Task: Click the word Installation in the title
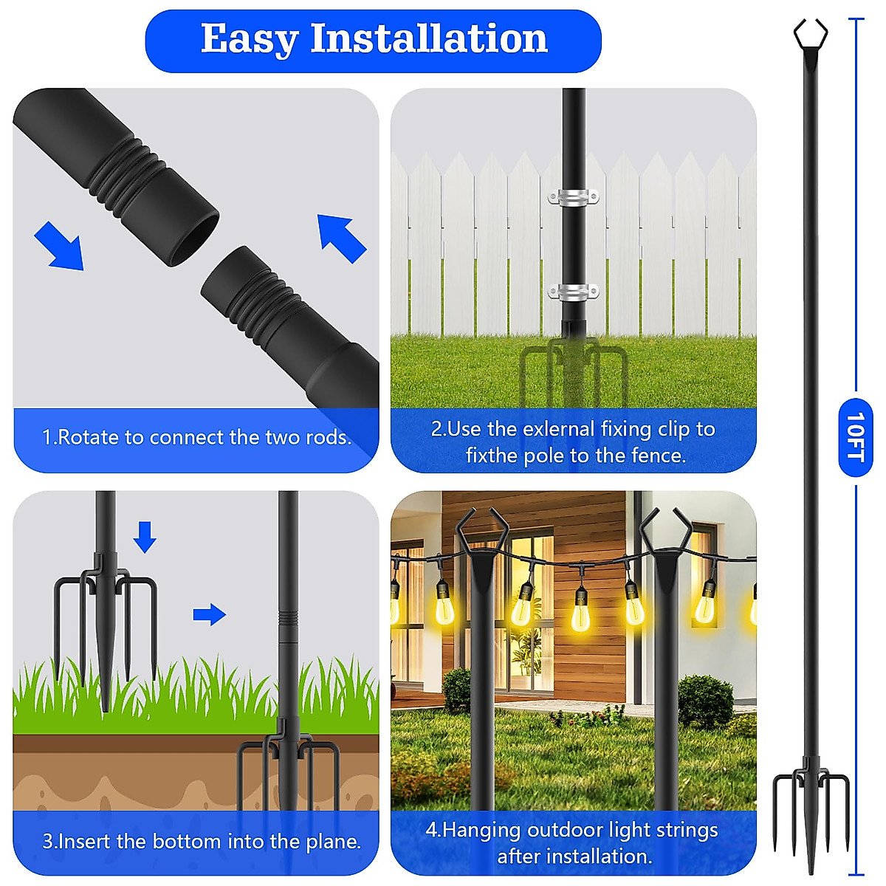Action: pyautogui.click(x=429, y=39)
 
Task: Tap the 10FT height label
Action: pyautogui.click(x=855, y=437)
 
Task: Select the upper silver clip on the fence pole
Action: pyautogui.click(x=573, y=197)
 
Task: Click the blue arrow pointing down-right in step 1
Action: pyautogui.click(x=59, y=246)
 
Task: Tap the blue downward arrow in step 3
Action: pyautogui.click(x=145, y=537)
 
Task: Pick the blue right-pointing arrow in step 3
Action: pyautogui.click(x=209, y=614)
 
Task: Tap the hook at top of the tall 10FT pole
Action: pyautogui.click(x=810, y=33)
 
